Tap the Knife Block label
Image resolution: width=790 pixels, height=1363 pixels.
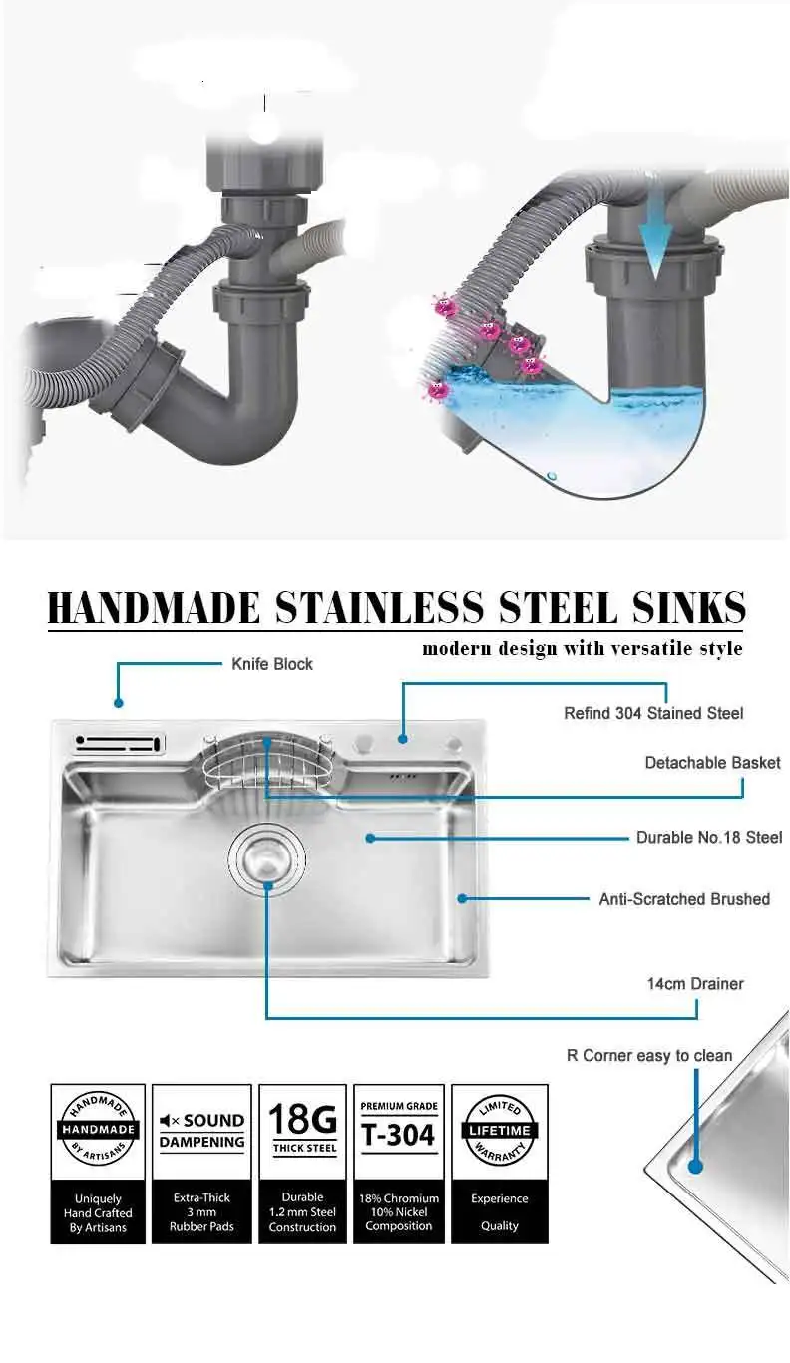pyautogui.click(x=272, y=664)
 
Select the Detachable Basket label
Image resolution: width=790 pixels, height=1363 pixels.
pyautogui.click(x=713, y=763)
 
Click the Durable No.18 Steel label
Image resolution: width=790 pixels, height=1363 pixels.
pyautogui.click(x=709, y=838)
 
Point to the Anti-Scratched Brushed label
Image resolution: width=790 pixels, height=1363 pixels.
pyautogui.click(x=684, y=899)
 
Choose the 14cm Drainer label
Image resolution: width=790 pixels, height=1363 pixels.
pyautogui.click(x=695, y=984)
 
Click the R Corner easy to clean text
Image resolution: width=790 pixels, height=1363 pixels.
pyautogui.click(x=649, y=1055)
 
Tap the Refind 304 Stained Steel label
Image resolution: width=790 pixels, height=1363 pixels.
pyautogui.click(x=653, y=713)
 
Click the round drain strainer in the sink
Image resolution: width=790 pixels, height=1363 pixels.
pyautogui.click(x=266, y=858)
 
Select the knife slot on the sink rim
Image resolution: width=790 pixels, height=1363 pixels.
pyautogui.click(x=118, y=743)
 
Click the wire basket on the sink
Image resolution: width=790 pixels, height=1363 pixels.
pyautogui.click(x=267, y=761)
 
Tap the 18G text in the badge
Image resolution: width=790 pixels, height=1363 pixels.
pyautogui.click(x=302, y=1118)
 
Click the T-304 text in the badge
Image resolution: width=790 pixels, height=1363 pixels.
pyautogui.click(x=398, y=1135)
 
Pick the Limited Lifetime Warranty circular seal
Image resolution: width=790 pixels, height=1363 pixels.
pyautogui.click(x=499, y=1131)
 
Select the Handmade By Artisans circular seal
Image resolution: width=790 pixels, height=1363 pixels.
pyautogui.click(x=98, y=1130)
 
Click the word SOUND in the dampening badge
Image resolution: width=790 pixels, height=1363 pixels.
pyautogui.click(x=213, y=1121)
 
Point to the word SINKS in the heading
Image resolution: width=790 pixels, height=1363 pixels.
pyautogui.click(x=689, y=608)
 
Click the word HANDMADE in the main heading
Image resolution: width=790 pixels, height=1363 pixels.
pyautogui.click(x=154, y=608)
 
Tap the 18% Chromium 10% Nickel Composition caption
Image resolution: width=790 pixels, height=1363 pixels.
pyautogui.click(x=399, y=1212)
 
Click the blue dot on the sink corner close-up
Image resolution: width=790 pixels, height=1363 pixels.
pyautogui.click(x=695, y=1167)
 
